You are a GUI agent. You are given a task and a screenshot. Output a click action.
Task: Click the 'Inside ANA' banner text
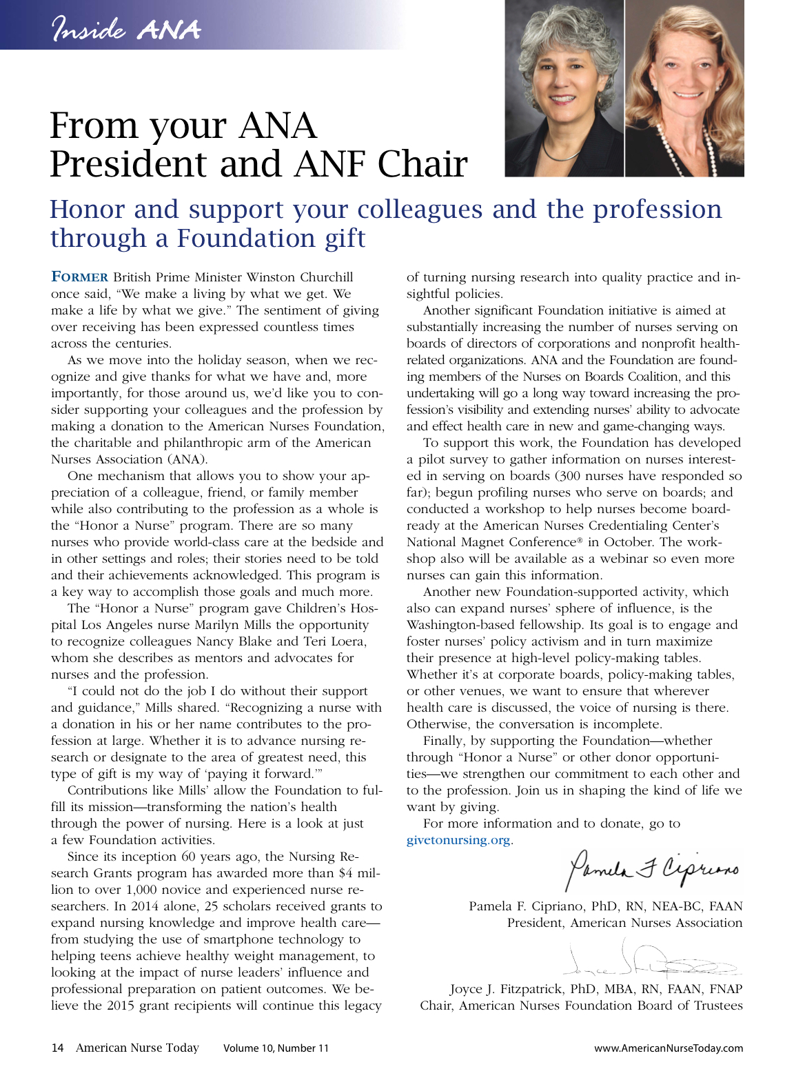pyautogui.click(x=126, y=30)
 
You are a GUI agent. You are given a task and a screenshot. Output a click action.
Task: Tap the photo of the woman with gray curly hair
pyautogui.click(x=564, y=88)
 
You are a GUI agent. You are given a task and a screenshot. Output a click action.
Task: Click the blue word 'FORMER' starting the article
pyautogui.click(x=80, y=277)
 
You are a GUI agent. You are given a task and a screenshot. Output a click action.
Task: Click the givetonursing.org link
pyautogui.click(x=459, y=840)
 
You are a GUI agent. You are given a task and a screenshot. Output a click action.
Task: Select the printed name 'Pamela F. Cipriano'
pyautogui.click(x=528, y=906)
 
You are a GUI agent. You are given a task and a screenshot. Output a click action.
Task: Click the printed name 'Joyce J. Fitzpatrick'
pyautogui.click(x=507, y=989)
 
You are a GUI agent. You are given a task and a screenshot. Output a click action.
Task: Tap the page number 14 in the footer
pyautogui.click(x=57, y=1048)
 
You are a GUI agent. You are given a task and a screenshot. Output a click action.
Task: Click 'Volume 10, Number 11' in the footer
pyautogui.click(x=276, y=1048)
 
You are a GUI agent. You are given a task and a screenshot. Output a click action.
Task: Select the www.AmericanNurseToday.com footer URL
pyautogui.click(x=669, y=1048)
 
